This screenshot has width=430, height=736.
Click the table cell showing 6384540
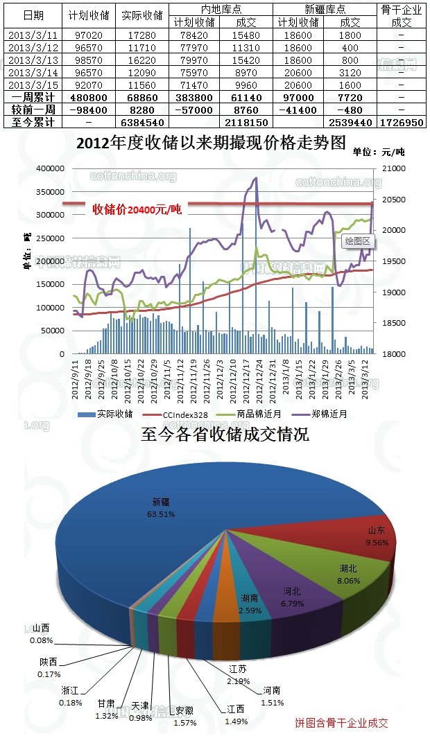click(143, 122)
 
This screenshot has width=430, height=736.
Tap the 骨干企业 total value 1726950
click(402, 122)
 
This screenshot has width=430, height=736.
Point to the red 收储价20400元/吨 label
click(137, 209)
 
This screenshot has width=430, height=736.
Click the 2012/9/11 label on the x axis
click(75, 379)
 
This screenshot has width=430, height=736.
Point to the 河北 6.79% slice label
click(292, 597)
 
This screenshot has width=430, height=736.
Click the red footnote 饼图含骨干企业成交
click(341, 723)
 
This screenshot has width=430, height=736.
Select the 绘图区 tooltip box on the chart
click(359, 242)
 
